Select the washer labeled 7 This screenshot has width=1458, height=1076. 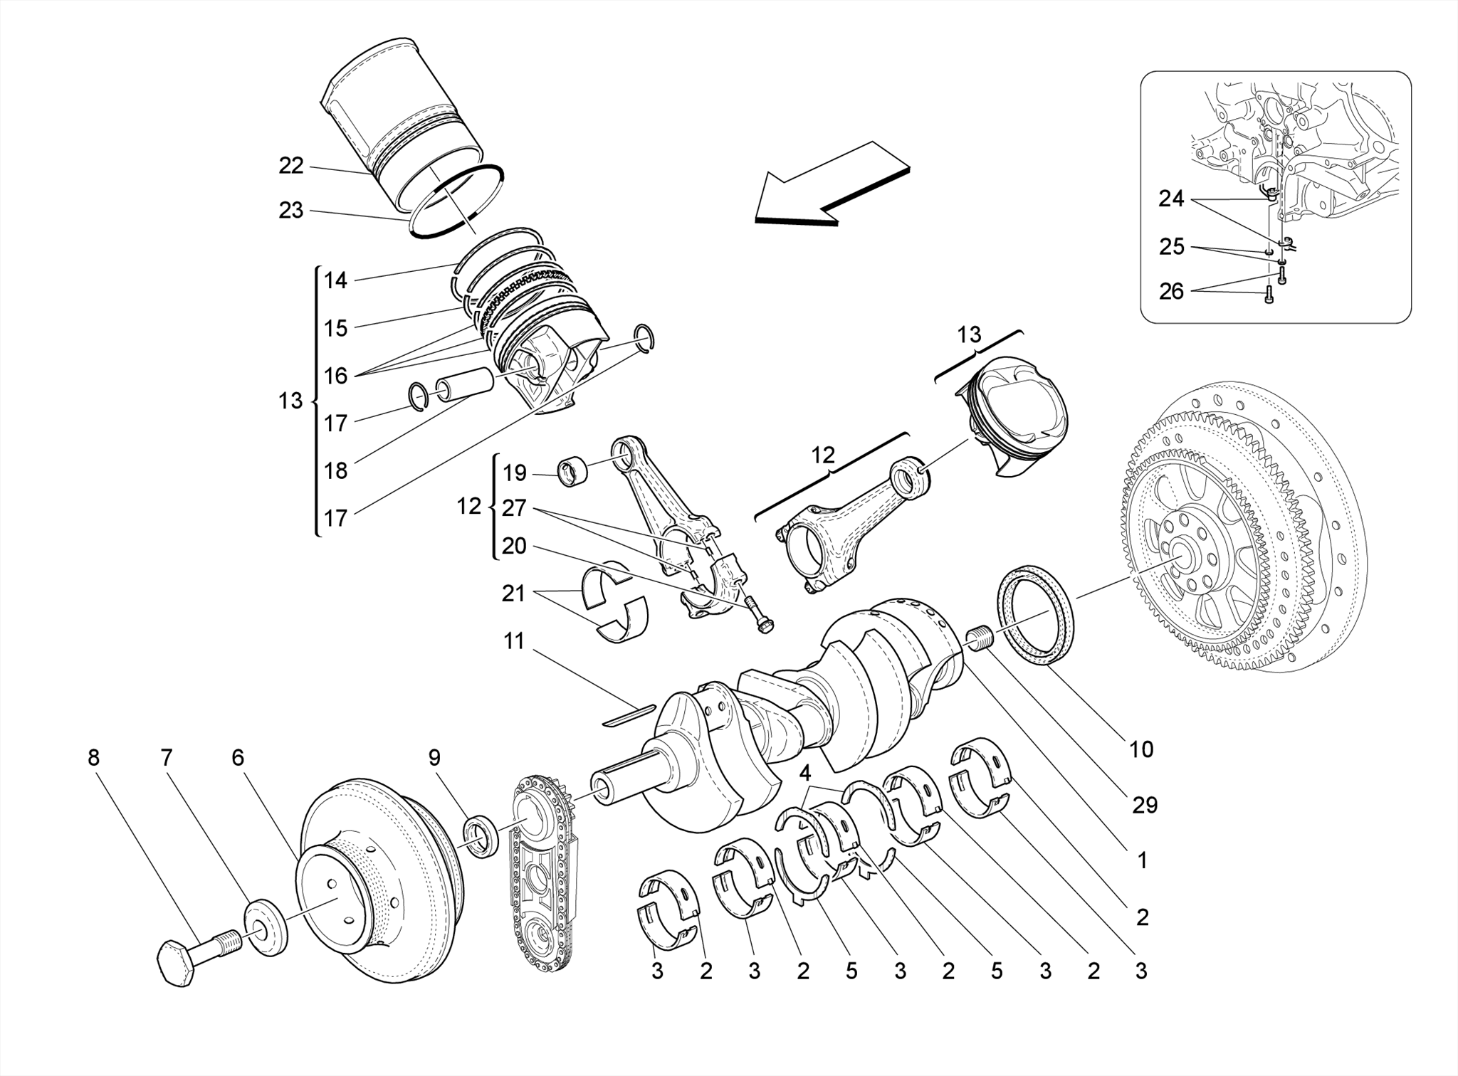click(266, 928)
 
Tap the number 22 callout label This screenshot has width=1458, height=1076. click(291, 166)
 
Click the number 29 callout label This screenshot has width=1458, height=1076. click(1144, 806)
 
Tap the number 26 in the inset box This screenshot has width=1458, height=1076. click(1171, 291)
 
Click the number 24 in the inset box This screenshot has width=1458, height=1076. click(1171, 199)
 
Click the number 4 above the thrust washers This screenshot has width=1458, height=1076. click(805, 773)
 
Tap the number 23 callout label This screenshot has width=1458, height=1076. click(291, 211)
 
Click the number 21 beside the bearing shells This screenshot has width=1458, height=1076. click(513, 593)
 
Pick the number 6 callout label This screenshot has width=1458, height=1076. click(238, 758)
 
